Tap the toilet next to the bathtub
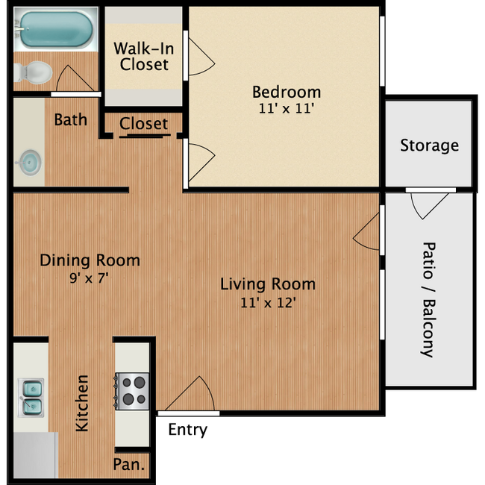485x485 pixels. pos(34,72)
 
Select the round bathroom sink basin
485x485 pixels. pos(31,160)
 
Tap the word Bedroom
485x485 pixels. pos(287,92)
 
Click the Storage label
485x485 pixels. pos(429,145)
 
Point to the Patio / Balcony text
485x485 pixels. pos(428,298)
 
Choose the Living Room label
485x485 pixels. pos(267,284)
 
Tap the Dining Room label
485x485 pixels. pos(90,260)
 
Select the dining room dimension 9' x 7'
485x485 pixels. pos(90,277)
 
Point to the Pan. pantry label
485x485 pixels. pos(130,466)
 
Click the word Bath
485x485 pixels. pos(70,119)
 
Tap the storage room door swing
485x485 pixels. pos(430,204)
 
